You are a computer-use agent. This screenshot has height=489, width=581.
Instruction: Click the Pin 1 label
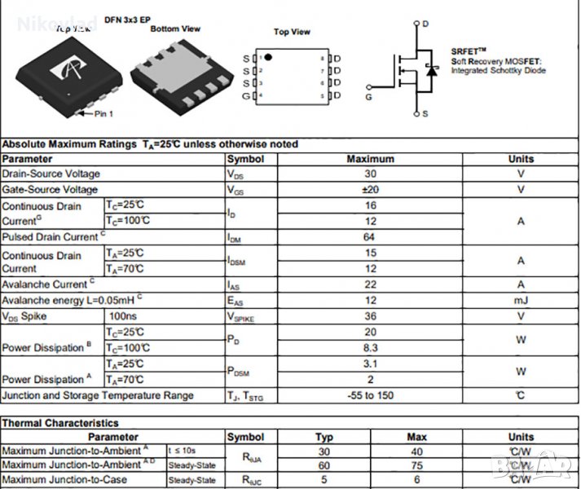coord(103,114)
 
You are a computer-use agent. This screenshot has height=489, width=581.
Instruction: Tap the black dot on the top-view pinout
coord(268,58)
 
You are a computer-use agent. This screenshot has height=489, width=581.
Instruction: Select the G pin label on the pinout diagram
coord(246,97)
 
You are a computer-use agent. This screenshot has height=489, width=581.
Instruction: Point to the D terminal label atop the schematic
coord(425,24)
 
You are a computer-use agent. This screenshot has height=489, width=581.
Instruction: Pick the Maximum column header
coord(371,159)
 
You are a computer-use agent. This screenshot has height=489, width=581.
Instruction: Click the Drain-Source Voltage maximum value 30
coord(371,174)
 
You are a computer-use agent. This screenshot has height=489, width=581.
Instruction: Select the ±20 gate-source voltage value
coord(371,189)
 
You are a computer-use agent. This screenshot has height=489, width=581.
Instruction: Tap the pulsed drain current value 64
coord(371,236)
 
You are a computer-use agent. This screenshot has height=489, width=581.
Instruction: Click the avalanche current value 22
coord(371,284)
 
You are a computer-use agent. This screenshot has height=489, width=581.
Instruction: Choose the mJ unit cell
coord(521,300)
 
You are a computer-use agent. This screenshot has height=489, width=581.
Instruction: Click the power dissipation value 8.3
coord(371,347)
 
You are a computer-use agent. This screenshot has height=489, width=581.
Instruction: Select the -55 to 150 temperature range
coord(371,395)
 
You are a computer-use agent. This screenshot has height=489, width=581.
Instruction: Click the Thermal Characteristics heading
coord(60,423)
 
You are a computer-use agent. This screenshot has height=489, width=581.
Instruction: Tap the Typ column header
coord(324,437)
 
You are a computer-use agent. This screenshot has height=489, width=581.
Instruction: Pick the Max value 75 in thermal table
coord(416,465)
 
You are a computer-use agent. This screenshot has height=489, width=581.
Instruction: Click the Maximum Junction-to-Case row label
coord(64,480)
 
